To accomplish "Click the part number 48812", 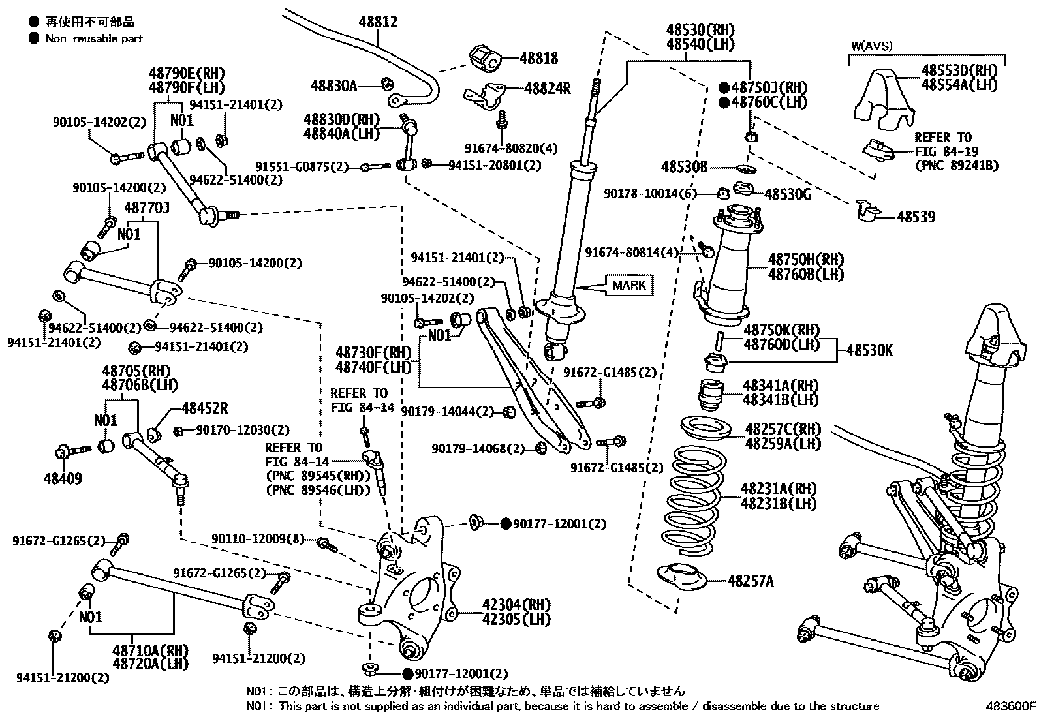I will pos(378,23).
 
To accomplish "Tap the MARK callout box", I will pos(629,285).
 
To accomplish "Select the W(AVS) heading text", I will pos(871,46).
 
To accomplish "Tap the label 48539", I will pos(916,217).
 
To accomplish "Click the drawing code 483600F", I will pos(1010,706).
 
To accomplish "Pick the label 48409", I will pos(63,479).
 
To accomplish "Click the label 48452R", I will pos(205,408).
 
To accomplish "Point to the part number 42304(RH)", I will pos(516,604).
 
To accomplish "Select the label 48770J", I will pos(147,208).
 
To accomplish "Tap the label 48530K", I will pos(870,350).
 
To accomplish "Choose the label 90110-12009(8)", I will pos(258,539).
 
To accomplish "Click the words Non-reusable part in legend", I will pos(94,38).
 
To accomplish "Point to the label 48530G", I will pos(787,194).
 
